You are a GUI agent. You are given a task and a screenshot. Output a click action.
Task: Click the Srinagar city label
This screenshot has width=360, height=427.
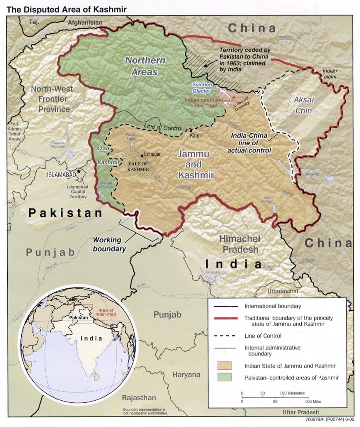[152, 153]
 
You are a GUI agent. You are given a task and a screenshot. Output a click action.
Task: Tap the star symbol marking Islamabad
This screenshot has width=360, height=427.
[79, 172]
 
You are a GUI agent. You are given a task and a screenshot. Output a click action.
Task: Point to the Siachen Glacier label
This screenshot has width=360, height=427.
[201, 88]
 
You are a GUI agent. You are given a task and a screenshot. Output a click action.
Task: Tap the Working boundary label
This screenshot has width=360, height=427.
[109, 245]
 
